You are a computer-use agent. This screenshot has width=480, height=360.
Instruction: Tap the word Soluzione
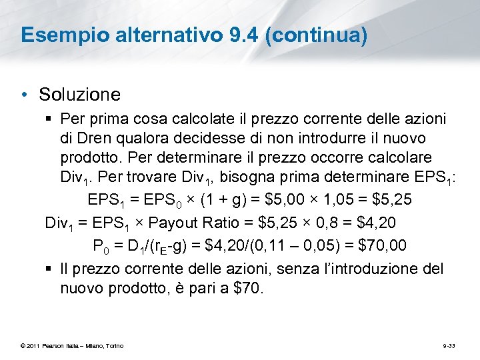79,95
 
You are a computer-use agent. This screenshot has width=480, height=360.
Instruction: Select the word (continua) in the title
315,35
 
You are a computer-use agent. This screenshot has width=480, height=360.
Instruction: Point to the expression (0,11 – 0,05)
297,245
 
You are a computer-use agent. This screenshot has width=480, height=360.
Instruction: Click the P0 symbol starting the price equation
101,246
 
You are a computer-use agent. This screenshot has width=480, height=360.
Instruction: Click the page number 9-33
450,345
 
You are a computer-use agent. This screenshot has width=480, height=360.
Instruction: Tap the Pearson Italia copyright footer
72,345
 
